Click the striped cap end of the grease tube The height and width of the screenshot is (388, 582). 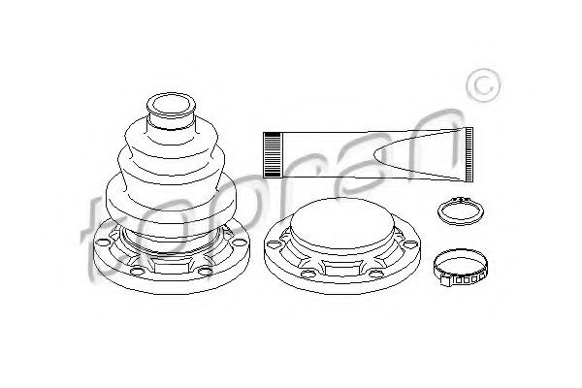272,154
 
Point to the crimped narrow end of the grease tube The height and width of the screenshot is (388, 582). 469,154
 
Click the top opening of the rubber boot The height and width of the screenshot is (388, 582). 171,105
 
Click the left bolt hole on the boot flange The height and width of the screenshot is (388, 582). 103,242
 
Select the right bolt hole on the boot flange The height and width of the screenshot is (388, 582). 239,242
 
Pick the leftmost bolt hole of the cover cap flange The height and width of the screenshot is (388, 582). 275,243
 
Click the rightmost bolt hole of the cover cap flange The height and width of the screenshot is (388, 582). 410,243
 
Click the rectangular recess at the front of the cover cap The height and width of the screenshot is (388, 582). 343,268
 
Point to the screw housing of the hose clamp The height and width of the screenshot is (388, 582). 446,280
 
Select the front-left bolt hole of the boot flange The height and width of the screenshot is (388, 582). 138,272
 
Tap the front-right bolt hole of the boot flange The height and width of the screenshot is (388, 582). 206,272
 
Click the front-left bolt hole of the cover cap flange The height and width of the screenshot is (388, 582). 308,274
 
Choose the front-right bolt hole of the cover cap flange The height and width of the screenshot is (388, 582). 376,274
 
